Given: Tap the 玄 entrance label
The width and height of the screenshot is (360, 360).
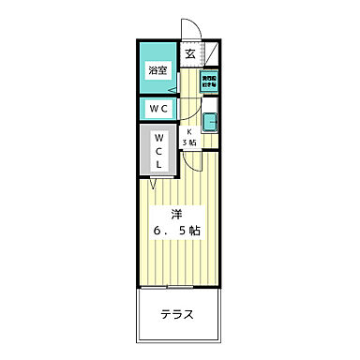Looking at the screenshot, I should click(x=189, y=54).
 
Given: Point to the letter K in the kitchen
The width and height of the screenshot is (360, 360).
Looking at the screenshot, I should click(x=189, y=132).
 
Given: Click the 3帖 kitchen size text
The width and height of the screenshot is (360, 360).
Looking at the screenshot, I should click(x=189, y=142).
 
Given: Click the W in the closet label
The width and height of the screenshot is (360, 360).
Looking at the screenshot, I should click(x=157, y=137).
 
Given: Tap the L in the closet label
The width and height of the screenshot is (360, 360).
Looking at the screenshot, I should click(x=157, y=163).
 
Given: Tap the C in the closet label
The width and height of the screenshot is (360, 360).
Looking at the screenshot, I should click(x=157, y=150).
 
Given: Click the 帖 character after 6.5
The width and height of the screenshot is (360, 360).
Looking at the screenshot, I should click(x=202, y=230).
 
